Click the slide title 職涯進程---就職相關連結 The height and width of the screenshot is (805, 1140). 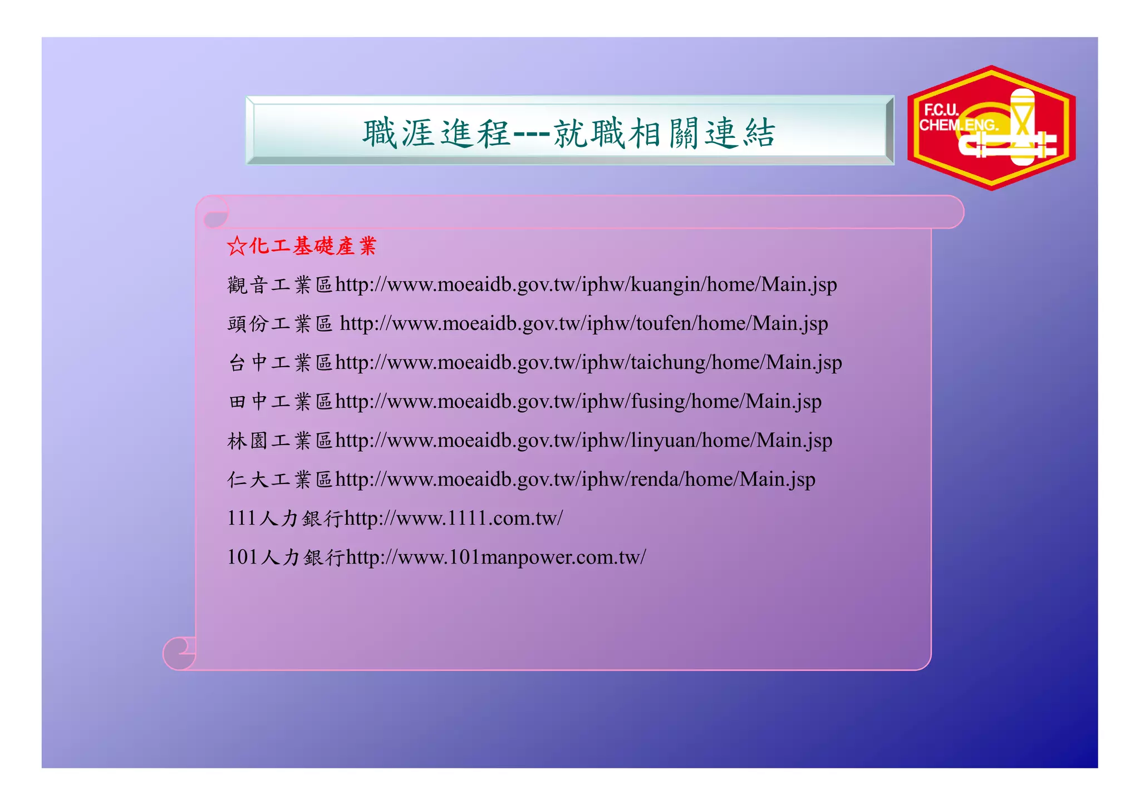pos(569,133)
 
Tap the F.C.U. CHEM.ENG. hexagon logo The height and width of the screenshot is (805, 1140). pos(991,128)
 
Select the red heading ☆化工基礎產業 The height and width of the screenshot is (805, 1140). pos(302,246)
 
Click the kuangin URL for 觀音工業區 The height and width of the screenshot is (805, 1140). pos(586,285)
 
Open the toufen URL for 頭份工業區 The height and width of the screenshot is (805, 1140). pos(583,324)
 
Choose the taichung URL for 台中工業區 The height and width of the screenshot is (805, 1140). pos(588,363)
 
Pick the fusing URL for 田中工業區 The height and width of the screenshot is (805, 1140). pos(578,402)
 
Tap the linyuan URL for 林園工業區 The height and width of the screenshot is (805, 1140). pos(583,441)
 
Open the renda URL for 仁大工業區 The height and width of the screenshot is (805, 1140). pos(575,480)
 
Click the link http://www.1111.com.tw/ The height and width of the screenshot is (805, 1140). pos(454,518)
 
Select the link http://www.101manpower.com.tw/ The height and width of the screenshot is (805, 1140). pos(496,557)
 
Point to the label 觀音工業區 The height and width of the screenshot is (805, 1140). pos(280,285)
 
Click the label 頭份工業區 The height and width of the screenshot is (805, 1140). pos(280,324)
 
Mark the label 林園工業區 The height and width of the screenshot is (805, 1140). pos(280,441)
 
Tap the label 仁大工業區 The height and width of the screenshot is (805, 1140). pos(280,480)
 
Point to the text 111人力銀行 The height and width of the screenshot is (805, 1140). pos(285,518)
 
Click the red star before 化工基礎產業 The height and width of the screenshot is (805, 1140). pos(237,246)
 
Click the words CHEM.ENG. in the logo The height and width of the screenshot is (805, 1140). pos(957,126)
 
